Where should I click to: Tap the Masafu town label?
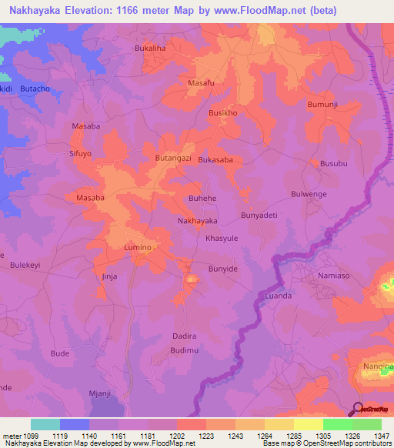[201, 82]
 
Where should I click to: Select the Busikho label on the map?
[223, 112]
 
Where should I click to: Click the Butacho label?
[35, 89]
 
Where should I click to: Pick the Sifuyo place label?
[81, 154]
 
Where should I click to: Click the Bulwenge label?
[309, 195]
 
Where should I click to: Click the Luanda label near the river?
[278, 296]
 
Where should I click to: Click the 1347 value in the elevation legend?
[382, 435]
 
